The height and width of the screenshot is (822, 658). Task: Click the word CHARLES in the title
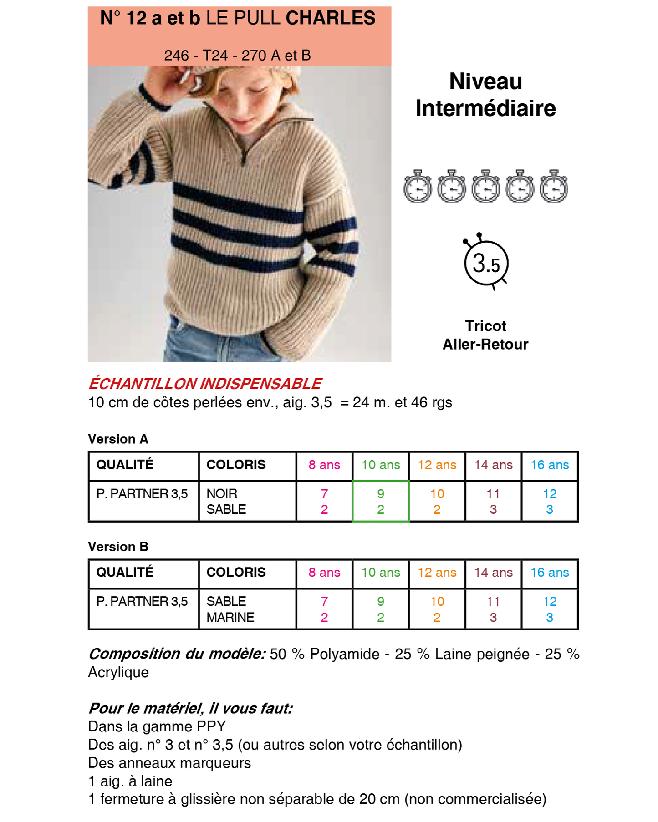330,18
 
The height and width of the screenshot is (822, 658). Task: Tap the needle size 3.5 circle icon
486,263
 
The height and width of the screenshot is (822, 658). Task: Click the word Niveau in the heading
485,81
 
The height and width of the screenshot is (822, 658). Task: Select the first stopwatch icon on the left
418,187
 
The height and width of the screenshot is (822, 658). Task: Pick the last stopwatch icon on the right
554,187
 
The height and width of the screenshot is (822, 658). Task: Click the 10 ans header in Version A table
381,465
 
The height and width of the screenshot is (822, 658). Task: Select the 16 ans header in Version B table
550,573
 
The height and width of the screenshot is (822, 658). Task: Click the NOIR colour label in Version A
222,494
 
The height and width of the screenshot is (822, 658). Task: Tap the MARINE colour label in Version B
230,618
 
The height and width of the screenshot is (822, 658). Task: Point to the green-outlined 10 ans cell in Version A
381,501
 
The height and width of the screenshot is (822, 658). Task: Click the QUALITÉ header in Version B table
125,573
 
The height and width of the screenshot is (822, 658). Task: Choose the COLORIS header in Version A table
236,465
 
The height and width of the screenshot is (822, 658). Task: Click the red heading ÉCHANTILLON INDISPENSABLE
205,384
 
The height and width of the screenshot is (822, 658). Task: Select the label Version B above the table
118,547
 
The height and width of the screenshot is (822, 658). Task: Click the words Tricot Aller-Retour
485,335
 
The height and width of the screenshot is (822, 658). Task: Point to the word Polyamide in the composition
345,654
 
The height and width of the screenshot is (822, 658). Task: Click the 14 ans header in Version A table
493,465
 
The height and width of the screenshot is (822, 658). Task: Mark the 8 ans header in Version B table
324,573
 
